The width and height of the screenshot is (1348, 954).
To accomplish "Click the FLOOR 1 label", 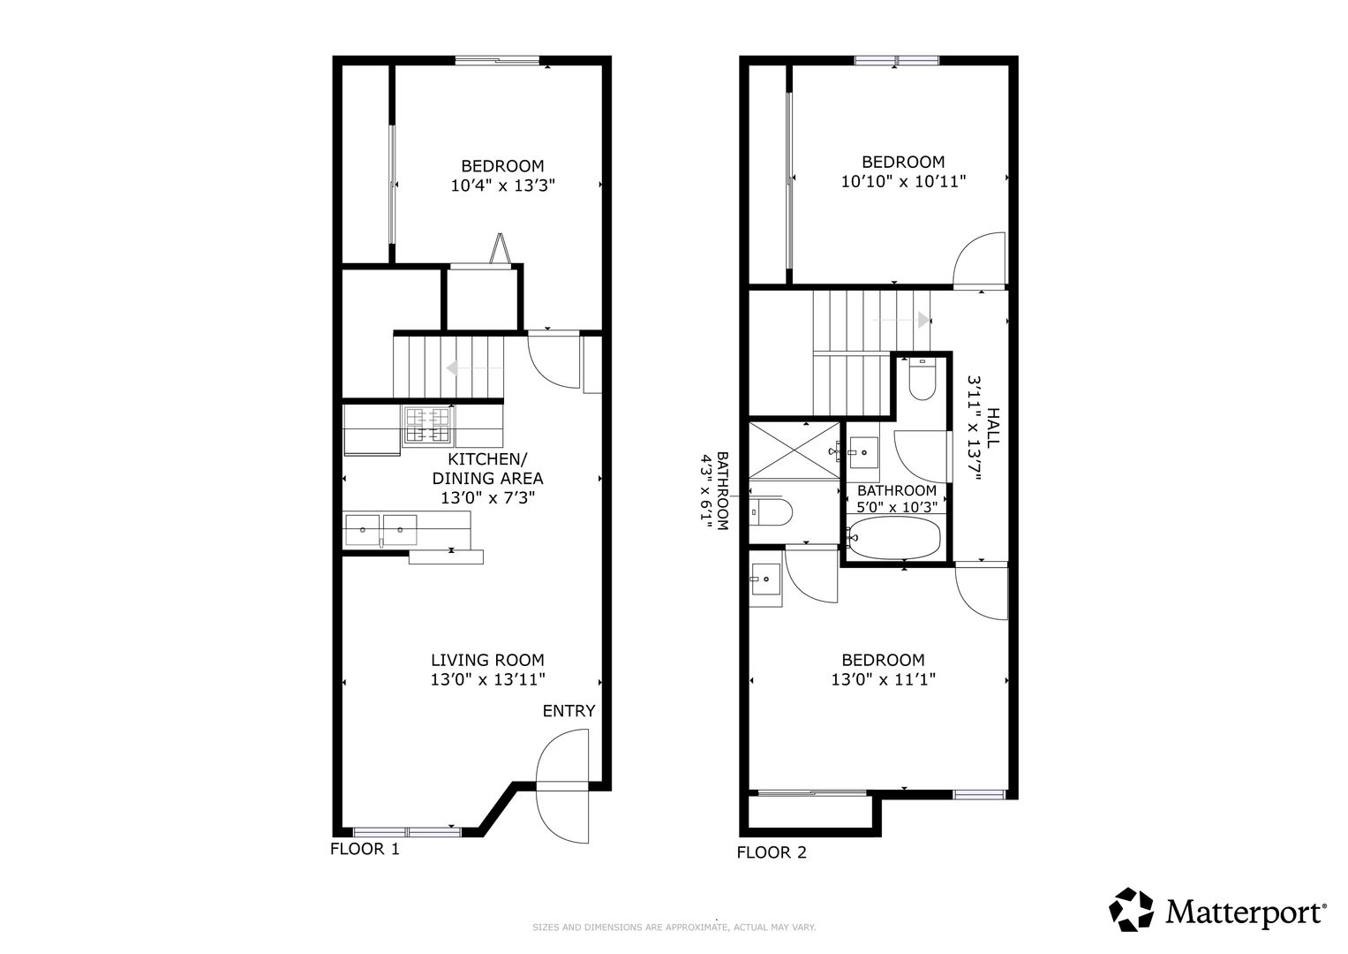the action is pos(365,849).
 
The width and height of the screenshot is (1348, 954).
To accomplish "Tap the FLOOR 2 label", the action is pos(772,852).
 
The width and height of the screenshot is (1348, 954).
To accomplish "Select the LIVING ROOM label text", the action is pos(487,660).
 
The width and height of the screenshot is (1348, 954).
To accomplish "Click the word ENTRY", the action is pos(569,711).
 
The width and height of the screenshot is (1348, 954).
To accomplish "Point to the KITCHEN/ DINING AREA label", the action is pos(487,469).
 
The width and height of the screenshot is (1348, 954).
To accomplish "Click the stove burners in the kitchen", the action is pos(428,426).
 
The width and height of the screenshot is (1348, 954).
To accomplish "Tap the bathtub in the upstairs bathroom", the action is pos(893,537).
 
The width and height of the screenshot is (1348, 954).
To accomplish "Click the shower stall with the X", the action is pos(794,450).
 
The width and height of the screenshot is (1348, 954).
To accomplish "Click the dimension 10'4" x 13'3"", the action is pos(502,185).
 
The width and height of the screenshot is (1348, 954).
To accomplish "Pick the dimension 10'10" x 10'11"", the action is pos(903,181).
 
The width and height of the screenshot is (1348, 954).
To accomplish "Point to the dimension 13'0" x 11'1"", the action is pos(884,680).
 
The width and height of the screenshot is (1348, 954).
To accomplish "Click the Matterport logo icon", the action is pos(1132,910).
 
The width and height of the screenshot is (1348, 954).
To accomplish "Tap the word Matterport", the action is pos(1245,912).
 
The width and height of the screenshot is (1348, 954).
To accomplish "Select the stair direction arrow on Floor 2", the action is pos(900,320).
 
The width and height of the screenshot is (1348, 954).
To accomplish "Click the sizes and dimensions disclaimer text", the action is pos(674,927).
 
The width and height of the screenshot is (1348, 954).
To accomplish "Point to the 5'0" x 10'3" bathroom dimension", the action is pos(897,508).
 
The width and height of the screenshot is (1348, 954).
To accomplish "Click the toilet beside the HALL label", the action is pos(922,380).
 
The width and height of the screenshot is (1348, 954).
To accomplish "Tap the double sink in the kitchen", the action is pos(380,530).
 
